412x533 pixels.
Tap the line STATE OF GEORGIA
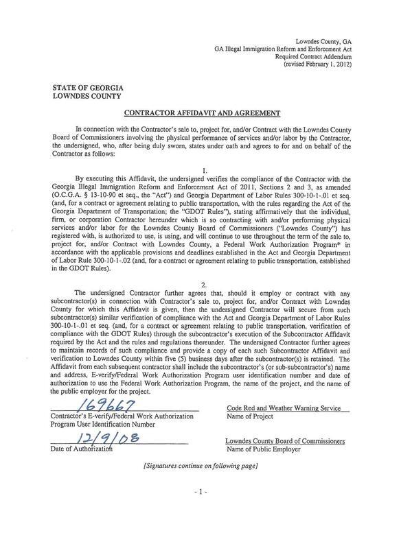coord(84,88)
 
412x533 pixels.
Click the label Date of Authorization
coord(81,449)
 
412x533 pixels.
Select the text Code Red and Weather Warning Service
coord(284,409)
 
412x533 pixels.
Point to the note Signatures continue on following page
coord(200,466)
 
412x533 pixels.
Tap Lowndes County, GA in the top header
coord(323,42)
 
